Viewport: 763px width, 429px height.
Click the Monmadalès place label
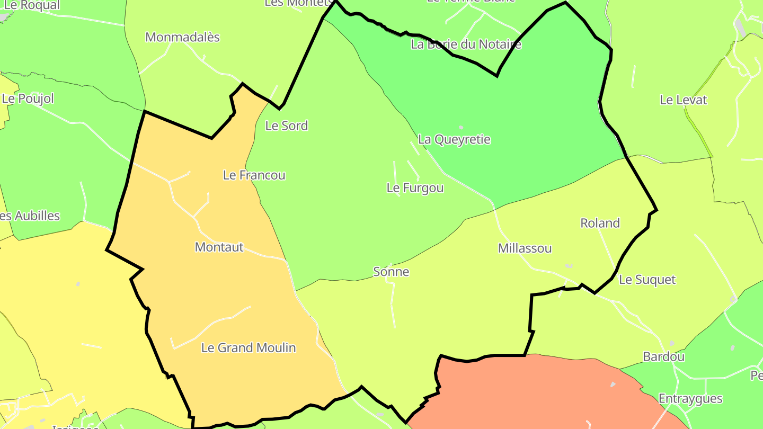click(182, 38)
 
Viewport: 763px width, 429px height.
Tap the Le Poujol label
click(28, 99)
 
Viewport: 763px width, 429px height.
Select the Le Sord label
click(287, 126)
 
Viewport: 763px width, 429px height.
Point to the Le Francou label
click(254, 175)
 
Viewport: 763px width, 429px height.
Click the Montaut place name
click(219, 247)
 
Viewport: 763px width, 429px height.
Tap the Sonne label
click(392, 272)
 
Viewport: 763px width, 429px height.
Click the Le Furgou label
click(415, 188)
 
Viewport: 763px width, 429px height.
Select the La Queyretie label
click(454, 140)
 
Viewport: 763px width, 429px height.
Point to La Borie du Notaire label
click(466, 44)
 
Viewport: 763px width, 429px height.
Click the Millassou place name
click(525, 248)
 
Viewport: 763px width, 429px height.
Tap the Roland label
click(600, 224)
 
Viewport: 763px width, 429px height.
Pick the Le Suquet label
click(647, 280)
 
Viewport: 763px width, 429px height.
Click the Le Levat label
click(683, 100)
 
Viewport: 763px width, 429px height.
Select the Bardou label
click(663, 357)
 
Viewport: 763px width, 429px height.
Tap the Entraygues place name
click(690, 399)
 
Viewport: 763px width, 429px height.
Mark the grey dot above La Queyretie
click(461, 128)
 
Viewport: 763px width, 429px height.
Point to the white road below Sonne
click(394, 307)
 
